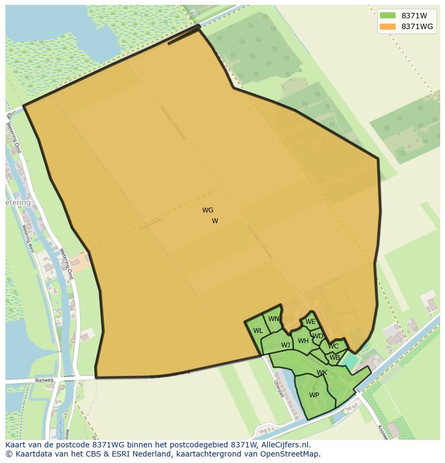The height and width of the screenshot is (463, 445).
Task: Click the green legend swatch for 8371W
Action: [x=387, y=16]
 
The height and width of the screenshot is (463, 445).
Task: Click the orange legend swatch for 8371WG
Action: [x=387, y=26]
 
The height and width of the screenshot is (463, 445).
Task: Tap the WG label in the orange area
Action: [x=208, y=210]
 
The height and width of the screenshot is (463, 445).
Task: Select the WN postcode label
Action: [x=274, y=319]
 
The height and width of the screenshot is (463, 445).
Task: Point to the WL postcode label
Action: [x=258, y=331]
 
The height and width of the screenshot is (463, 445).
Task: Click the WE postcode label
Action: [x=310, y=322]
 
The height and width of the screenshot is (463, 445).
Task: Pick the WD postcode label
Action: [x=318, y=336]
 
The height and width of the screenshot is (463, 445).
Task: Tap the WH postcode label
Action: [x=303, y=341]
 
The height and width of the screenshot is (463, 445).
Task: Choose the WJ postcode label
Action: [x=285, y=345]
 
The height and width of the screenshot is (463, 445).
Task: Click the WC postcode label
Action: [x=333, y=346]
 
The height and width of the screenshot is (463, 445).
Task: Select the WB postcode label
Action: [x=335, y=358]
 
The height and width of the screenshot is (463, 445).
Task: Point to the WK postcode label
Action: [x=322, y=373]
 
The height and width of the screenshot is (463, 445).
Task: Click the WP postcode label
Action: [x=314, y=395]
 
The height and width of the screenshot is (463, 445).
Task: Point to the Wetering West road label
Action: [x=28, y=239]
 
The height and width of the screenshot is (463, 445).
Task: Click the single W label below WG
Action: [x=215, y=221]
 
